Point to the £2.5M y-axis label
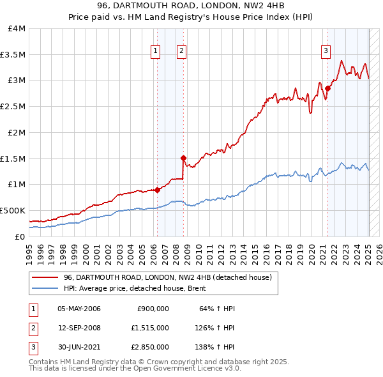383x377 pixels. [13, 106]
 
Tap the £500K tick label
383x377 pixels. [13, 210]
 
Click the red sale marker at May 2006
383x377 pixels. [157, 190]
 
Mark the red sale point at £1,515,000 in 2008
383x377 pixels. [183, 158]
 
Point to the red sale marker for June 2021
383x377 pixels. [327, 88]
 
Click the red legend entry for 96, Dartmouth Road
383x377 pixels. [168, 277]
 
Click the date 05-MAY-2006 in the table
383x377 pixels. [79, 309]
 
